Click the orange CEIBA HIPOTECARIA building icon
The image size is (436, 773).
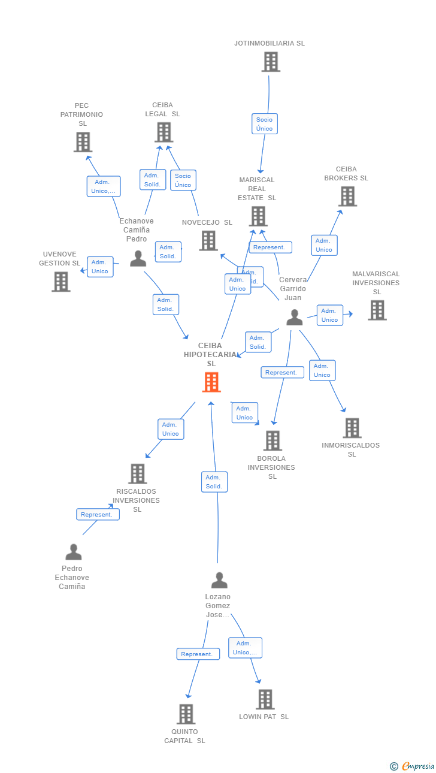pos(211,382)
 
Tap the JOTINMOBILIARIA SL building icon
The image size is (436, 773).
pos(271,62)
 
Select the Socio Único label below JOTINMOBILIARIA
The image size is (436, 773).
pos(264,124)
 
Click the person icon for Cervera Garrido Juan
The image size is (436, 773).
pos(294,318)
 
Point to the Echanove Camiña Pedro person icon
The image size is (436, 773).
pos(138,258)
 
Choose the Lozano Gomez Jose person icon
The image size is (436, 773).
pos(219,580)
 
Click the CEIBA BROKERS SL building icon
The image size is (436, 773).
pos(347,196)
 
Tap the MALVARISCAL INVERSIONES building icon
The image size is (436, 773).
pos(377,310)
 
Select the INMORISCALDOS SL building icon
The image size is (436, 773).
pos(352,428)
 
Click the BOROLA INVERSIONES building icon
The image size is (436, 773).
pos(272,440)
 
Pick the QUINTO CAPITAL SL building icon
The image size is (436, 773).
pos(186,714)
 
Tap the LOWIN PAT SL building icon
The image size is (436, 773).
pos(265,699)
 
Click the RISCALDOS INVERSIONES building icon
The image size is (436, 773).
pos(138,473)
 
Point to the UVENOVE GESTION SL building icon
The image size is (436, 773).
pos(60,281)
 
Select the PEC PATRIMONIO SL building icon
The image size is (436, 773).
pos(83,142)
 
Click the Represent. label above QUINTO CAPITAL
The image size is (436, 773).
pos(198,654)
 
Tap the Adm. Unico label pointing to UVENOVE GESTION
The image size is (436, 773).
pos(100,267)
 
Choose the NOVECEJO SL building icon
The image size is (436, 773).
pos(208,240)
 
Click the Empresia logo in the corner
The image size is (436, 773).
pos(413,766)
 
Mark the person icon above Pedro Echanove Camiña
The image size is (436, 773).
pos(73,552)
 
